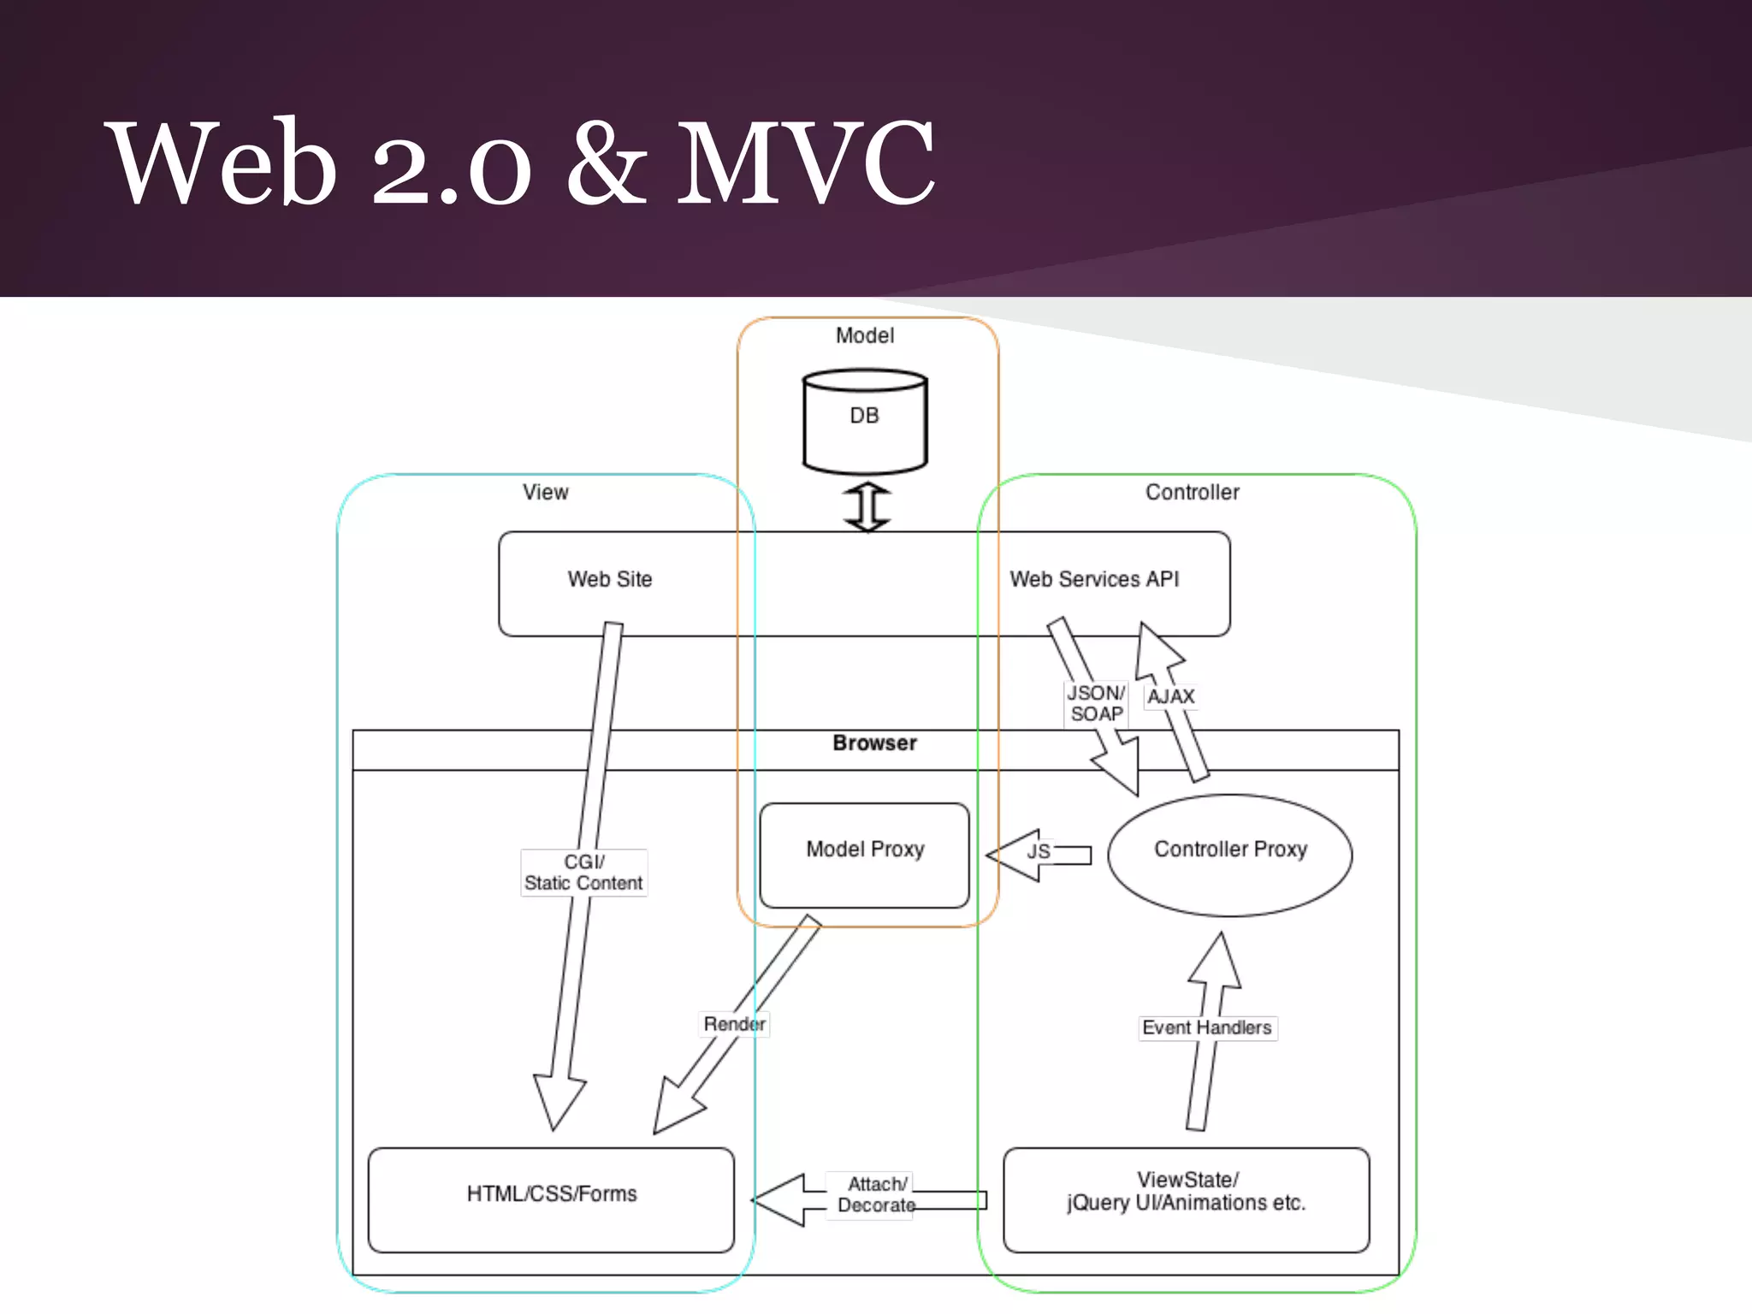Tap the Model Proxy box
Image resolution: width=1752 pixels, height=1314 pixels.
pyautogui.click(x=864, y=855)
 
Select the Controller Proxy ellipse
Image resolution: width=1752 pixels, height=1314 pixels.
pyautogui.click(x=1229, y=855)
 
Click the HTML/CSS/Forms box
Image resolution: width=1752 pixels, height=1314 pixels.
pyautogui.click(x=551, y=1199)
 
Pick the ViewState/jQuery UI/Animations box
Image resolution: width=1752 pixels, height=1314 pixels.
pyautogui.click(x=1186, y=1199)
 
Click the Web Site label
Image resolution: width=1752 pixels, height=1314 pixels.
pyautogui.click(x=609, y=579)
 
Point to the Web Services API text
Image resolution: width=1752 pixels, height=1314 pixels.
pyautogui.click(x=1094, y=579)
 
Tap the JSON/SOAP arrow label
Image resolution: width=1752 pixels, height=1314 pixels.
pyautogui.click(x=1095, y=703)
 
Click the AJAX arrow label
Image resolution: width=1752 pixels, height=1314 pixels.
pyautogui.click(x=1170, y=696)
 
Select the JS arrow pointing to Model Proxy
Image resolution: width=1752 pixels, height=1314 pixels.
pyautogui.click(x=1038, y=853)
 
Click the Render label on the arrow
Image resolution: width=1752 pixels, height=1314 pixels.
pyautogui.click(x=734, y=1024)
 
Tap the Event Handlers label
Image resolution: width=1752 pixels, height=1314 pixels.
pyautogui.click(x=1207, y=1027)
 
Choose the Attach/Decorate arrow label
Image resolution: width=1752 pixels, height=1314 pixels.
pyautogui.click(x=876, y=1194)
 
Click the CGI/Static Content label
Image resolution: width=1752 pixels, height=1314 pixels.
pyautogui.click(x=583, y=873)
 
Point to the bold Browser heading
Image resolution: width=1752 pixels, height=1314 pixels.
pyautogui.click(x=874, y=743)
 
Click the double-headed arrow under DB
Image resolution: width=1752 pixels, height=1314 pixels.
pyautogui.click(x=867, y=506)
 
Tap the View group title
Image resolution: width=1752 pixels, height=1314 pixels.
pyautogui.click(x=545, y=492)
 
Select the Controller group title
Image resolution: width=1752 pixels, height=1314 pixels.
pyautogui.click(x=1192, y=492)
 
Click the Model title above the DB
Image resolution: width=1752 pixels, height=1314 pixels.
pyautogui.click(x=864, y=335)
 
